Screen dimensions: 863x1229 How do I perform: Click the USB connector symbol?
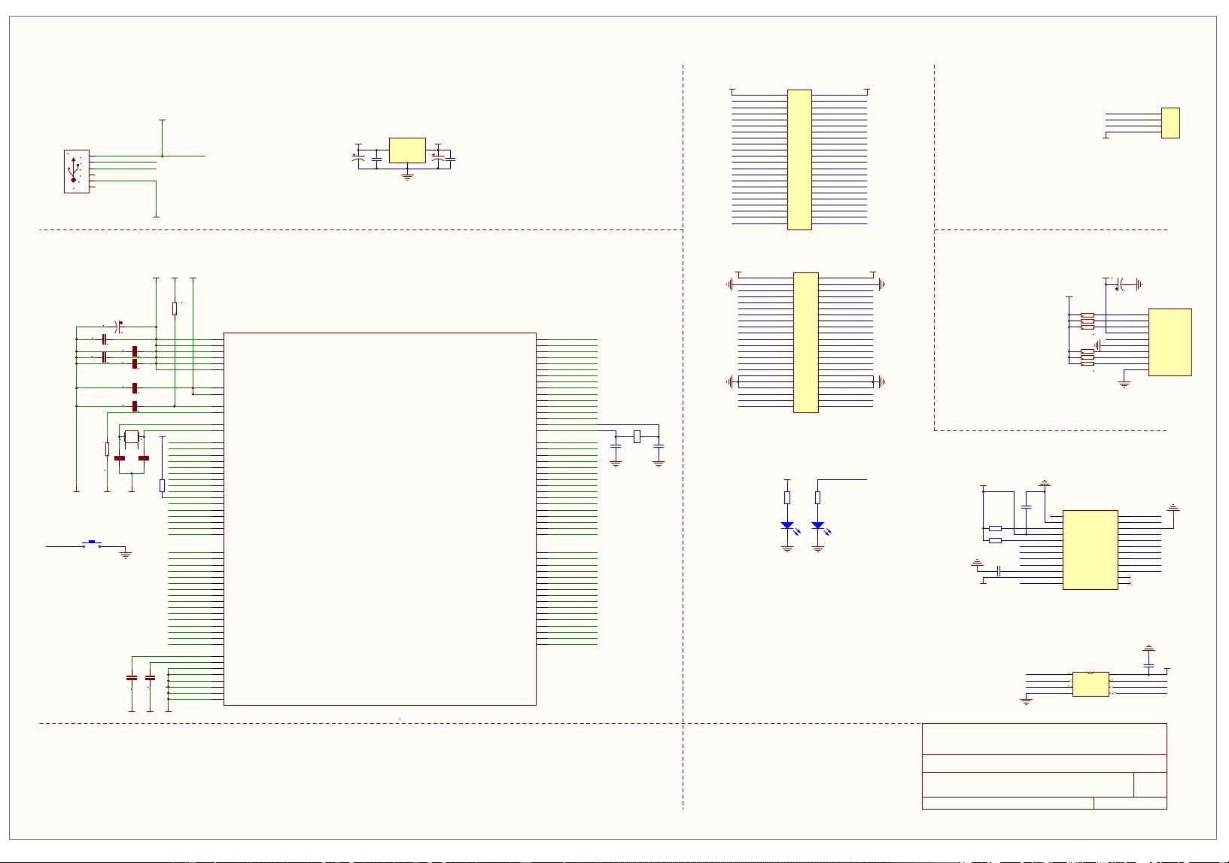76,172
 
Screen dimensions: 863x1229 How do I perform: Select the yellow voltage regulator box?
407,150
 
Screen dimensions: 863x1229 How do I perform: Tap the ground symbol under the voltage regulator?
407,178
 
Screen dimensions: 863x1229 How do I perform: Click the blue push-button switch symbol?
92,544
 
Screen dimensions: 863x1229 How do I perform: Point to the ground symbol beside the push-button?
126,555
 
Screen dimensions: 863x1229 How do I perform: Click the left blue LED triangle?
787,526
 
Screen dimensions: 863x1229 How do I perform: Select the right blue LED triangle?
817,526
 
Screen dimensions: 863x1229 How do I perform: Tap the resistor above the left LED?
787,497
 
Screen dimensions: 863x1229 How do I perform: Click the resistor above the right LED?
817,497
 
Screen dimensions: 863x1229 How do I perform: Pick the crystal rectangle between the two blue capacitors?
637,436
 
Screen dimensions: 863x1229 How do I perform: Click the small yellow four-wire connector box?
1170,123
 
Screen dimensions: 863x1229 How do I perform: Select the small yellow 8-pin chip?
1091,684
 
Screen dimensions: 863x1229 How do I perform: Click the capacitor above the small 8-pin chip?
1148,666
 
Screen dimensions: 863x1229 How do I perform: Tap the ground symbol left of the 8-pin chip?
1026,701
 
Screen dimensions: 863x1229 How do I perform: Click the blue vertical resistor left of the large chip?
162,486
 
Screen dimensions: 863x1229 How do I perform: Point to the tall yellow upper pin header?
799,160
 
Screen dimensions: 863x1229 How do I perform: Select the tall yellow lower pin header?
805,342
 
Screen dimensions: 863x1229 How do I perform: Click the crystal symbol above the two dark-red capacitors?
132,437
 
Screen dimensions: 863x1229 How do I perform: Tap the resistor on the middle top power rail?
175,308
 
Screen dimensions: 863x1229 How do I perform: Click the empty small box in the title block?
1150,785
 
